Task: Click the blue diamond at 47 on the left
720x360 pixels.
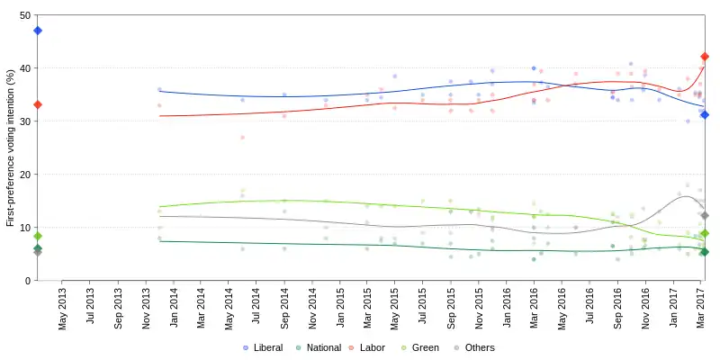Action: pyautogui.click(x=38, y=31)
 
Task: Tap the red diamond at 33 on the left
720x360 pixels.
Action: pyautogui.click(x=38, y=104)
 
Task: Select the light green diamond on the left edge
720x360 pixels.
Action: pyautogui.click(x=38, y=236)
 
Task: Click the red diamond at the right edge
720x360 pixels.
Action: pyautogui.click(x=705, y=57)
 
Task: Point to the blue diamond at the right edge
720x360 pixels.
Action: pyautogui.click(x=705, y=114)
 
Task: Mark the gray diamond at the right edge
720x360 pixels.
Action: pyautogui.click(x=705, y=215)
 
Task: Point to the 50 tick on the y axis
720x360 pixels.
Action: pyautogui.click(x=24, y=15)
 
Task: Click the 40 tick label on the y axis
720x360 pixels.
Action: pyautogui.click(x=24, y=68)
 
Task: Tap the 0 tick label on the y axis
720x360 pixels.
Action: pyautogui.click(x=27, y=281)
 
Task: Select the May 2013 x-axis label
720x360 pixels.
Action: pyautogui.click(x=63, y=308)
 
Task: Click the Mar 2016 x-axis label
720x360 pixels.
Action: pyautogui.click(x=534, y=308)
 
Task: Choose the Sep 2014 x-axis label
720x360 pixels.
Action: pyautogui.click(x=284, y=308)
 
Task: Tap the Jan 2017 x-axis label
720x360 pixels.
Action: pyautogui.click(x=672, y=308)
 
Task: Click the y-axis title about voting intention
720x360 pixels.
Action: pyautogui.click(x=10, y=148)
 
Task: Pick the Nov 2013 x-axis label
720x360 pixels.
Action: pyautogui.click(x=146, y=308)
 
